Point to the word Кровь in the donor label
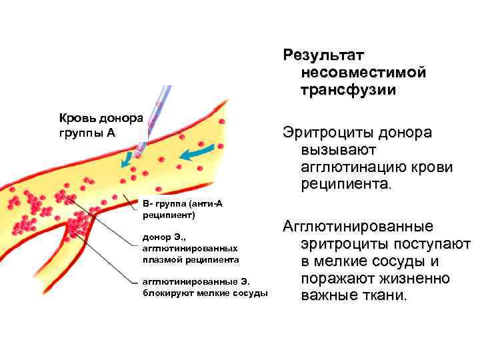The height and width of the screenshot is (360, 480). [77, 119]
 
